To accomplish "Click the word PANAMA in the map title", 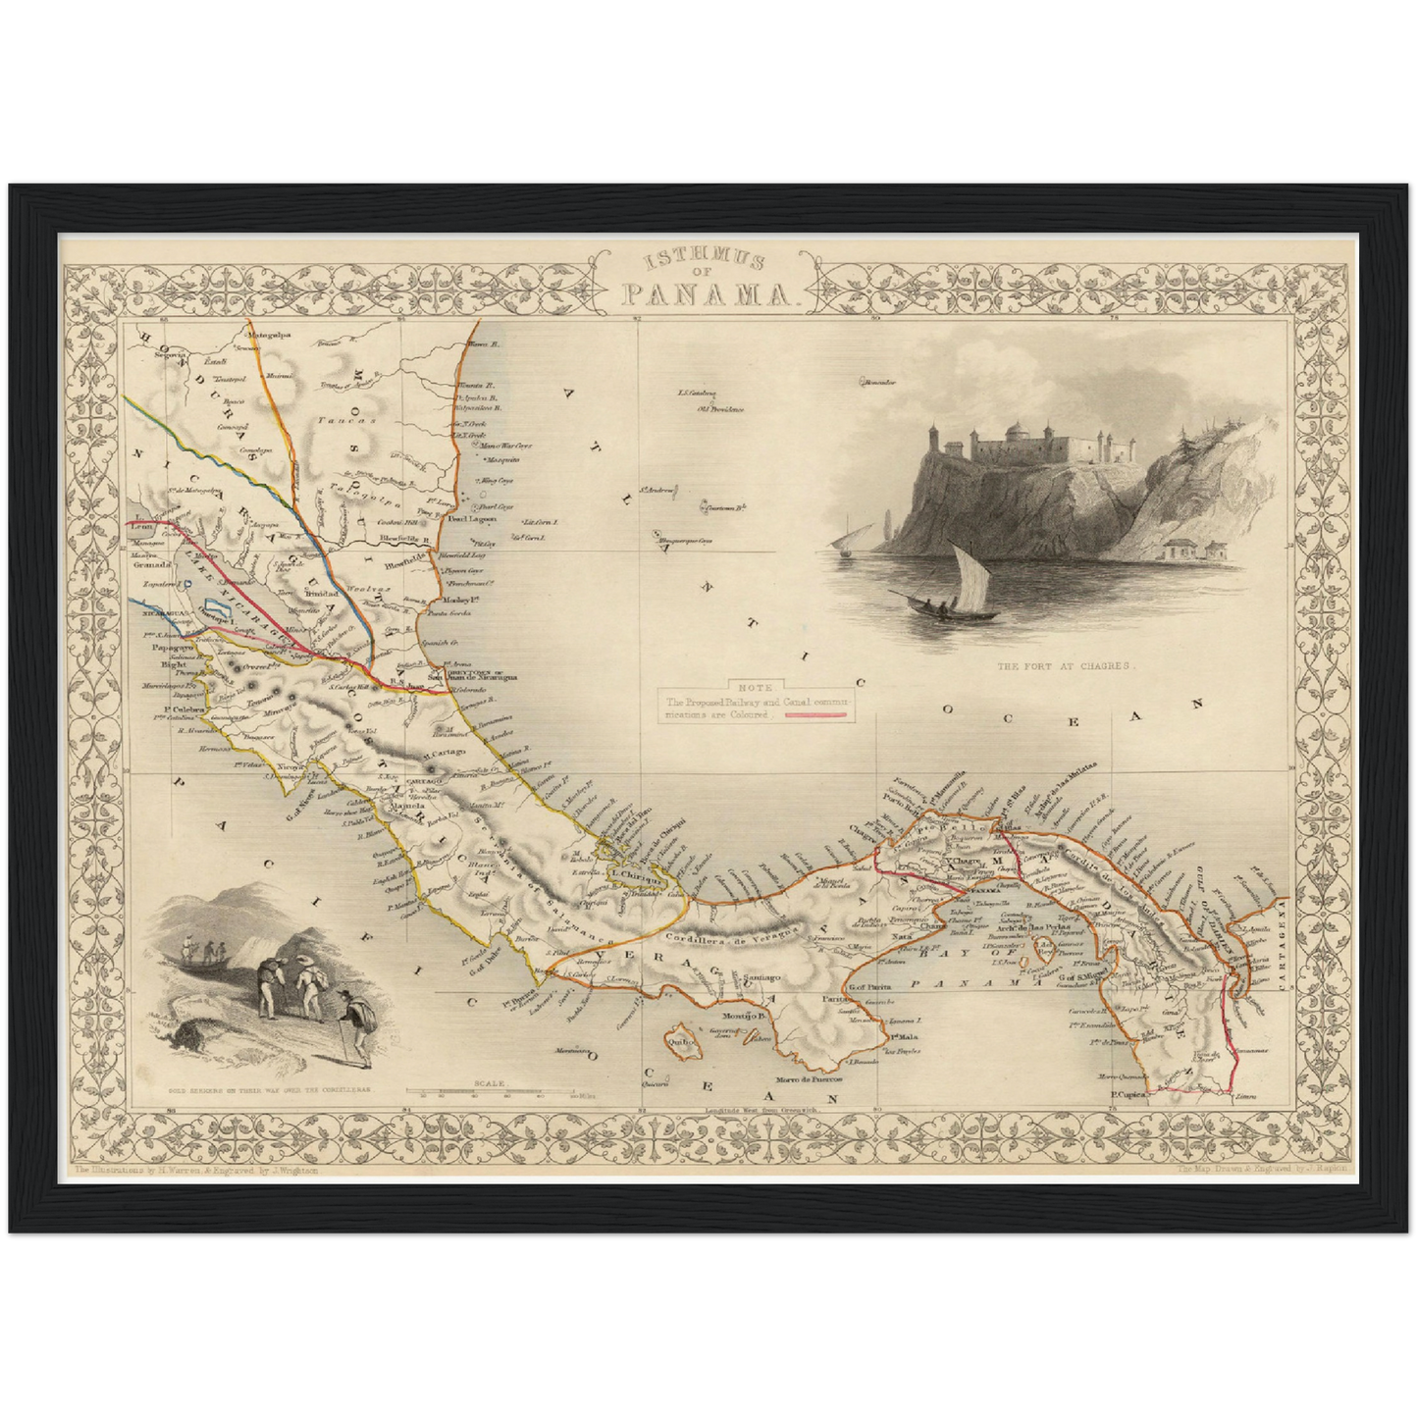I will coord(708,293).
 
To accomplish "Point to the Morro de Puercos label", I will coord(813,1077).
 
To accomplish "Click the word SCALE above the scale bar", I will coord(488,1083).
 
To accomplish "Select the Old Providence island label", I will coord(720,407).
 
